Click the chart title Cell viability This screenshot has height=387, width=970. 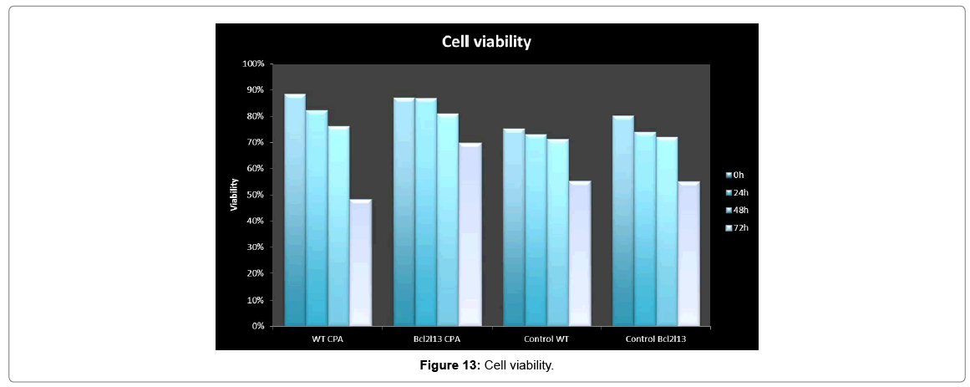[x=486, y=42]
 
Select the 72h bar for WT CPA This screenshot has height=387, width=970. [x=360, y=263]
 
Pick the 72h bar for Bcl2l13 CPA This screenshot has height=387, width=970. [x=470, y=235]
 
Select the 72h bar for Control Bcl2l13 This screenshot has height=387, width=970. [x=688, y=254]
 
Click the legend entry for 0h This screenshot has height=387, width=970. [x=735, y=175]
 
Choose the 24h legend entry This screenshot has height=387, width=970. [x=737, y=192]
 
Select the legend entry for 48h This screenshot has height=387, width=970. [x=737, y=210]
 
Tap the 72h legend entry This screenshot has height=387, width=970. [x=737, y=227]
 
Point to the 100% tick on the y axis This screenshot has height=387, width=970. [x=252, y=64]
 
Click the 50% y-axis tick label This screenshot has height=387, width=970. [x=254, y=195]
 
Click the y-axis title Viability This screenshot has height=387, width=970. [x=235, y=195]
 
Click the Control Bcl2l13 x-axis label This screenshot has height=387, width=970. [x=655, y=339]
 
